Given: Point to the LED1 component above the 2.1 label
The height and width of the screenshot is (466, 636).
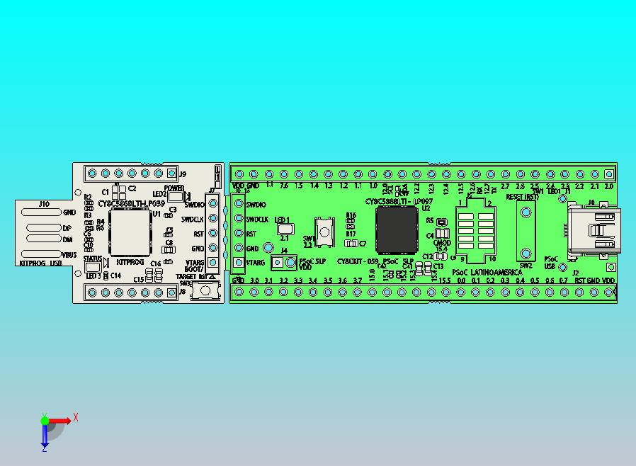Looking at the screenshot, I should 285,229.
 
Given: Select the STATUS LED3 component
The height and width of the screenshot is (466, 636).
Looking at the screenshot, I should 93,266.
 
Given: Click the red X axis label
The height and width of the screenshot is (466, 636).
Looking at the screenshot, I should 76,418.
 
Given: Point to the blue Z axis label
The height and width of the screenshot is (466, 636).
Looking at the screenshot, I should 44,448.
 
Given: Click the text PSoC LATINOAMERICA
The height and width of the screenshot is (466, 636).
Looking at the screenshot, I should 487,273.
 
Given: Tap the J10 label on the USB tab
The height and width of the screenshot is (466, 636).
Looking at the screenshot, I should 44,204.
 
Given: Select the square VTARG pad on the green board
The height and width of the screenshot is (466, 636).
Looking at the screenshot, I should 239,263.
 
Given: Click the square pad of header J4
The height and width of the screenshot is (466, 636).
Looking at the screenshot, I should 278,263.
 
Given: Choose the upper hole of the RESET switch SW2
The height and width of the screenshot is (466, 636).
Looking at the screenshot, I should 525,211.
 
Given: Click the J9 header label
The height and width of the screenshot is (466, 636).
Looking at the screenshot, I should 182,174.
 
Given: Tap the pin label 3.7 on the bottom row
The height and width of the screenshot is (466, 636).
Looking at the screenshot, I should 357,281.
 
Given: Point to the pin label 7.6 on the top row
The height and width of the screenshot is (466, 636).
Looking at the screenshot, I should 283,186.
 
